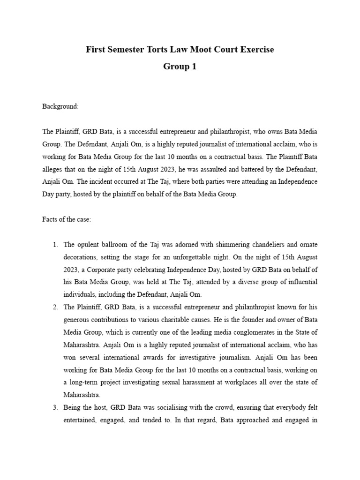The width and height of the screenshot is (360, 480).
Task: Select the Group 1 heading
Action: [x=180, y=67]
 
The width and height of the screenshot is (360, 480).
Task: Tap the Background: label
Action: [x=60, y=106]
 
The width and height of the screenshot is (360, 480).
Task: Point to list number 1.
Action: [x=55, y=244]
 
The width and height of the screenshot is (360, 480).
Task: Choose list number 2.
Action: [x=55, y=307]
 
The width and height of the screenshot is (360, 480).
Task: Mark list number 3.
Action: [x=55, y=408]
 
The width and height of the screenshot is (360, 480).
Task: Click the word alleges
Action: [x=53, y=169]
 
